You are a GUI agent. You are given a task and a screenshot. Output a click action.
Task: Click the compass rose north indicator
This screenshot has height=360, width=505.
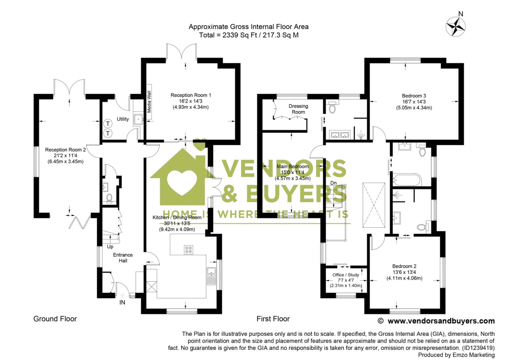[456, 25]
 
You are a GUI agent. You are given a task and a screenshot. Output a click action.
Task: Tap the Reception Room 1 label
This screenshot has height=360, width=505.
[191, 95]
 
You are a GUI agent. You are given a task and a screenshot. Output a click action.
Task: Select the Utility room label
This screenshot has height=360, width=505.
[123, 119]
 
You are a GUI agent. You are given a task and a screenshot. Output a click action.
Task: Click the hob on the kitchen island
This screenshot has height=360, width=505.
[188, 249]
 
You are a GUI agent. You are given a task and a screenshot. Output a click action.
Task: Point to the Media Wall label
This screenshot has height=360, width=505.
[149, 102]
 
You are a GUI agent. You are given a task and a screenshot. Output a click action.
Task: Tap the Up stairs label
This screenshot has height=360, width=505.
[110, 247]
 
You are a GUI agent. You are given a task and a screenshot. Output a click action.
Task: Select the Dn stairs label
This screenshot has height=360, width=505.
[333, 183]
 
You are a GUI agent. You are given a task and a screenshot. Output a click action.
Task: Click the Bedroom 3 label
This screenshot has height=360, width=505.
[414, 96]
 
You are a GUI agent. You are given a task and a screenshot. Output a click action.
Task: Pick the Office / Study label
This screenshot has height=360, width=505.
[346, 275]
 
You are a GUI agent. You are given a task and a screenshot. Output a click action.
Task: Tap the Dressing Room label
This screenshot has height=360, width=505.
[298, 109]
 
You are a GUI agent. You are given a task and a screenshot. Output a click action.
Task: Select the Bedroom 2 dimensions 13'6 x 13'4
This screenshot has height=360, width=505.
[404, 272]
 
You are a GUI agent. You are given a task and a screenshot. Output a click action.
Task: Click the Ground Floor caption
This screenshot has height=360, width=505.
[55, 319]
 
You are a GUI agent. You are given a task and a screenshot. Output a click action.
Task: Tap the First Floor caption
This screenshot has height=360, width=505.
[273, 319]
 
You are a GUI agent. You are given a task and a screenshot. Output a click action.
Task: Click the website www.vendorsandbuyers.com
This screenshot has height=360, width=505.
[441, 321]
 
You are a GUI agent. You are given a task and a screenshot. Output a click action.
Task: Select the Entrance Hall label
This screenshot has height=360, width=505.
[123, 258]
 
